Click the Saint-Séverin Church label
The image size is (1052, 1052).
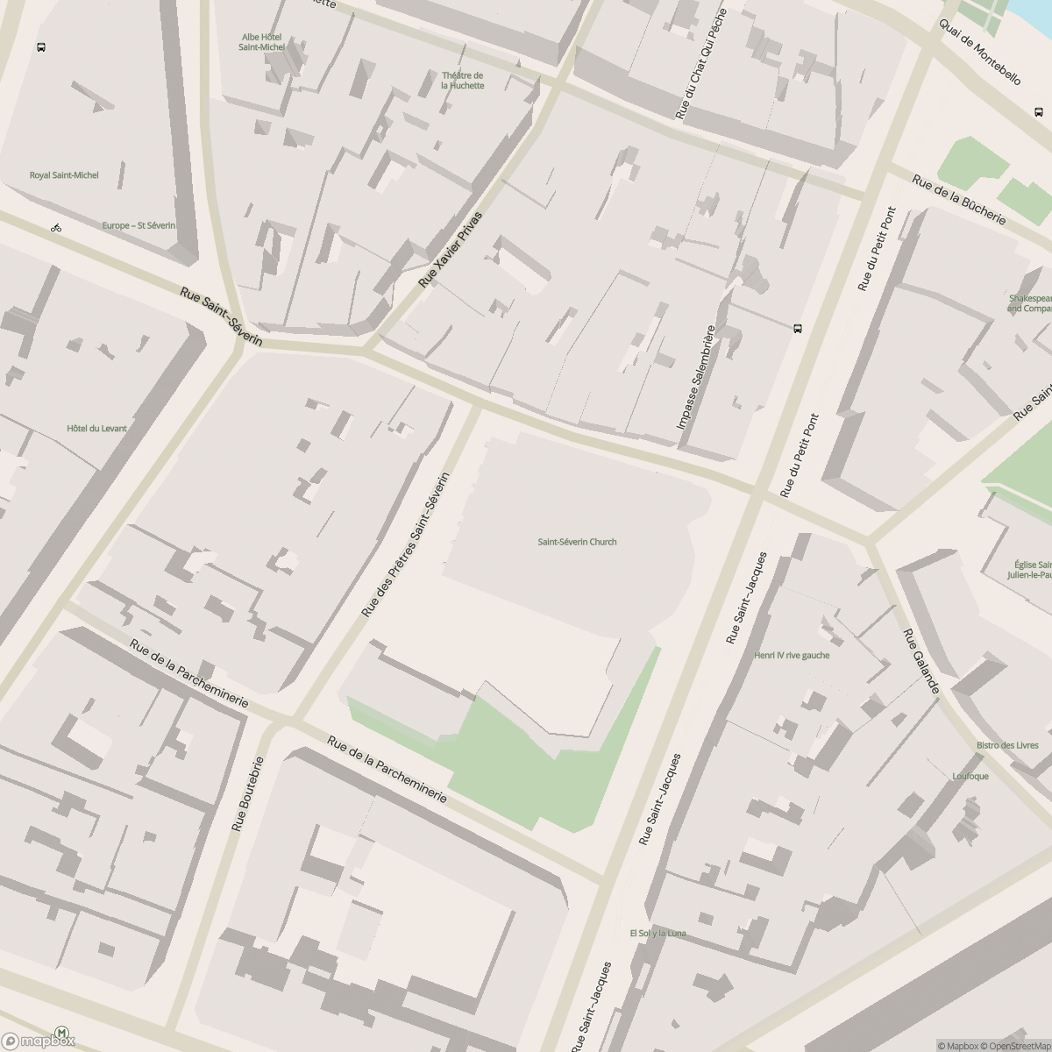(577, 542)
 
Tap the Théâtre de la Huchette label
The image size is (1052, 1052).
(462, 81)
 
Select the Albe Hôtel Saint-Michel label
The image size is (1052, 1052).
(261, 42)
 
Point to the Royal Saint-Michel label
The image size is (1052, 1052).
(64, 175)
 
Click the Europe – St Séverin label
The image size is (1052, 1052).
(139, 225)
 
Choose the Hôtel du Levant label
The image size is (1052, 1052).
(96, 429)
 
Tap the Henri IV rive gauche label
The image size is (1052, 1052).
(791, 655)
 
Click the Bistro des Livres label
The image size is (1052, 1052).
(1007, 746)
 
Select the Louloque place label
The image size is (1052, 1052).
(970, 777)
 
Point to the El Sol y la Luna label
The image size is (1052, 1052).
(657, 934)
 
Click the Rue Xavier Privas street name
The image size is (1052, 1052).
(451, 250)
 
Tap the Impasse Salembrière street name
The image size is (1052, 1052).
(697, 378)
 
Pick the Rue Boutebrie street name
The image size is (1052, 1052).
(247, 794)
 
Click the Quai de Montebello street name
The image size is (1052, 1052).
(979, 52)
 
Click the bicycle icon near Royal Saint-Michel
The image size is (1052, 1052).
(56, 228)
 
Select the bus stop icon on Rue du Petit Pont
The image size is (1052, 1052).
(797, 330)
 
